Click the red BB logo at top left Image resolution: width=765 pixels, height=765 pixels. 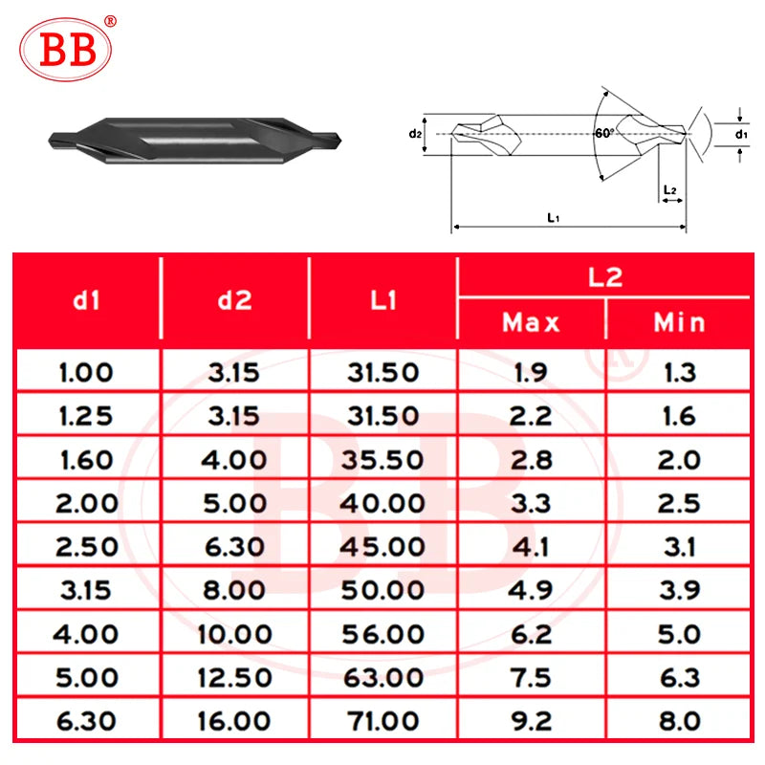coord(66,49)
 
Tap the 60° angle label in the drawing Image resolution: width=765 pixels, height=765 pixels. coord(604,133)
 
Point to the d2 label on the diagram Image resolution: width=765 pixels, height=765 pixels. coord(415,133)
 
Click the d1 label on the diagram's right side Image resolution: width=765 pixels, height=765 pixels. coord(741,134)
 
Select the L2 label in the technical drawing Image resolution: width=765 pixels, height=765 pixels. coord(670,189)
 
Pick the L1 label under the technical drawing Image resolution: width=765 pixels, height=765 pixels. coord(554,218)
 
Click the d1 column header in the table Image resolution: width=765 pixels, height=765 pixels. coord(86,299)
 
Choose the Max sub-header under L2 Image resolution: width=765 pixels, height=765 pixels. coord(531,322)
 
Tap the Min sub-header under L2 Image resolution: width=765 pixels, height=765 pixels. coord(679,322)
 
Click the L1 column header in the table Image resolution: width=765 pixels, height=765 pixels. coord(383,299)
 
